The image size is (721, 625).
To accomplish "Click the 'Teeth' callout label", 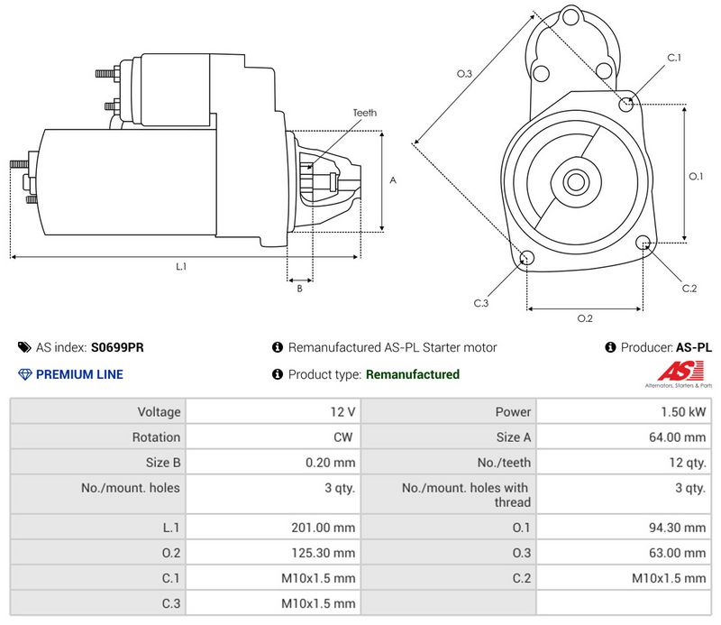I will click(364, 113).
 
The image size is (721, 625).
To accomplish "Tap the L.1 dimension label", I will click(181, 266).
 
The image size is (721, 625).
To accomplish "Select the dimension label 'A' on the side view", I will click(393, 180).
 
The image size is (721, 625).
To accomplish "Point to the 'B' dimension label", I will click(299, 289).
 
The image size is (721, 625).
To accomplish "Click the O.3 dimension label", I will click(464, 73).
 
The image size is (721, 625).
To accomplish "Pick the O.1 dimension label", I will click(696, 176).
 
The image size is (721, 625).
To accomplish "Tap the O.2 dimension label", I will click(584, 317).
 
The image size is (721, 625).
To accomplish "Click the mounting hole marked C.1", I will click(627, 105).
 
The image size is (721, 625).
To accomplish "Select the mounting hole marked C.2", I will click(643, 243).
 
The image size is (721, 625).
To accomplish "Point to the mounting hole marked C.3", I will click(527, 260).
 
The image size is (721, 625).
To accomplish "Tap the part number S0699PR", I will click(117, 347).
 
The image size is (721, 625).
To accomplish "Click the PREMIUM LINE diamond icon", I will click(24, 374).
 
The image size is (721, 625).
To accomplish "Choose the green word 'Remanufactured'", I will click(413, 374).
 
